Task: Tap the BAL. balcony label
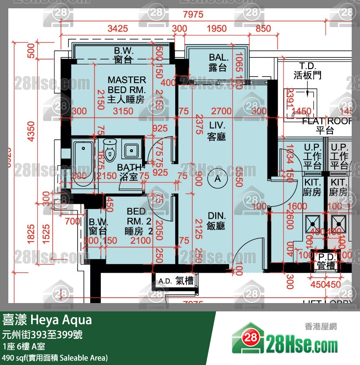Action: coord(218,62)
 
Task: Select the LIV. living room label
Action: coord(217,131)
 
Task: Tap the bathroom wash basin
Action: coord(132,150)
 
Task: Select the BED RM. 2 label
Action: coord(136,221)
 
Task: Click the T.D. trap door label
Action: coord(308,71)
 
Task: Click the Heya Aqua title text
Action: coord(47,321)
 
